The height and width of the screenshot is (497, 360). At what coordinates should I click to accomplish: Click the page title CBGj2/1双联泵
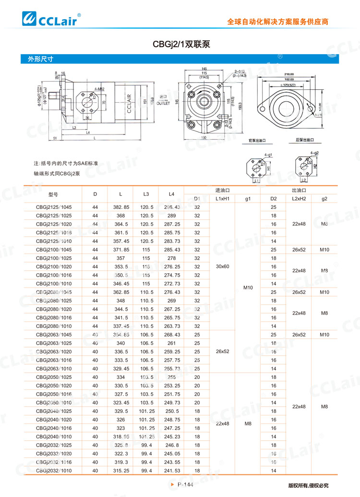(x=181, y=44)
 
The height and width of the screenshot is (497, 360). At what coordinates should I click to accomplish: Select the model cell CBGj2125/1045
(x=54, y=207)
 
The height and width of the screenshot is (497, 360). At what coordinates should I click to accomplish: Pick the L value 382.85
(x=121, y=207)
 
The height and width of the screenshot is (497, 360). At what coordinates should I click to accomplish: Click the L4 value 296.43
(x=172, y=207)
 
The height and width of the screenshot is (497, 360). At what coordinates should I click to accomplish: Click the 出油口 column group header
(x=299, y=190)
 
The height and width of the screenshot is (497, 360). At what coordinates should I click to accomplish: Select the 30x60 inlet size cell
(x=223, y=266)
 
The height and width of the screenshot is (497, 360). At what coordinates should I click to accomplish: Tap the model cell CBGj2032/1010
(x=54, y=471)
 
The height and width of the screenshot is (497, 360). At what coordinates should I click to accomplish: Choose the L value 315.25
(x=121, y=471)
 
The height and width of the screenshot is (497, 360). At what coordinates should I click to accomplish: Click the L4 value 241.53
(x=172, y=471)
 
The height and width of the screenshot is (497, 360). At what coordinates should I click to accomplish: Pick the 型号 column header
(x=53, y=194)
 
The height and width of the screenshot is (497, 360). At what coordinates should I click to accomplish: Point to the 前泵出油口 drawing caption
(x=257, y=140)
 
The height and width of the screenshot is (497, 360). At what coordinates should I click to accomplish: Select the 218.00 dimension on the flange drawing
(x=289, y=74)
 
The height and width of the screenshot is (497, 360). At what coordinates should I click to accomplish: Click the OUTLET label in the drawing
(x=164, y=102)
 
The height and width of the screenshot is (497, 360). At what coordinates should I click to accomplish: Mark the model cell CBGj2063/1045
(x=54, y=334)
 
